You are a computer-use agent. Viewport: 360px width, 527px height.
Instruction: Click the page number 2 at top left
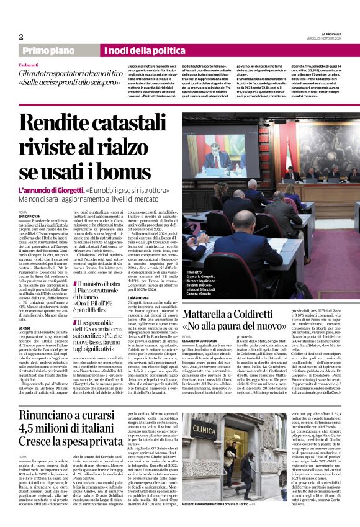[x=20, y=37]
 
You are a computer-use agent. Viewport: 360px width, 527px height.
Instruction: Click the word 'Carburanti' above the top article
[x=29, y=65]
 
